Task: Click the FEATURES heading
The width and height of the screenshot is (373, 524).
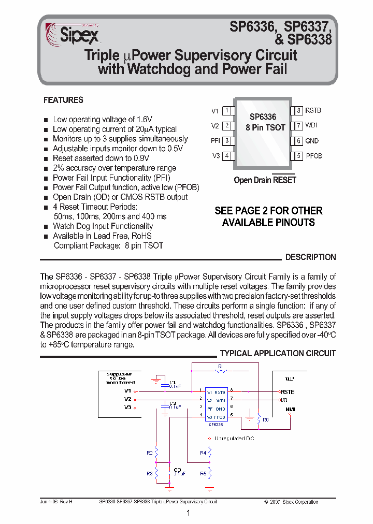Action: tap(63, 100)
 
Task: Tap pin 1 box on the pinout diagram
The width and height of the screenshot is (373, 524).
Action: tap(227, 110)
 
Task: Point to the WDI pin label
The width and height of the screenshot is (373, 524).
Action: tap(311, 125)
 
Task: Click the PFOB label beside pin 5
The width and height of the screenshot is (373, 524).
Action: tap(314, 156)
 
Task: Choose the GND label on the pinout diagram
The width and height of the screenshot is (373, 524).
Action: tap(312, 141)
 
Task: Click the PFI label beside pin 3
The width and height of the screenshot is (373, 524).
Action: tap(215, 141)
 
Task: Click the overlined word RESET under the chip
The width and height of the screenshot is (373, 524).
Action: tap(284, 180)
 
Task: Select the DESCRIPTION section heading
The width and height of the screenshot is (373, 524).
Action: tap(310, 257)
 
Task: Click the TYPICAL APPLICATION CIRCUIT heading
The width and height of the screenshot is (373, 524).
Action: tap(278, 353)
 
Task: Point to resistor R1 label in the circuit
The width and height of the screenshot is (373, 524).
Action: tap(220, 366)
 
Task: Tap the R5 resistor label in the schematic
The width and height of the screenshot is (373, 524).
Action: tap(203, 473)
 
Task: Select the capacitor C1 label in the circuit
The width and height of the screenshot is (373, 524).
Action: tap(173, 382)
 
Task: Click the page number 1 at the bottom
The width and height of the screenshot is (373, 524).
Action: tap(188, 513)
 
